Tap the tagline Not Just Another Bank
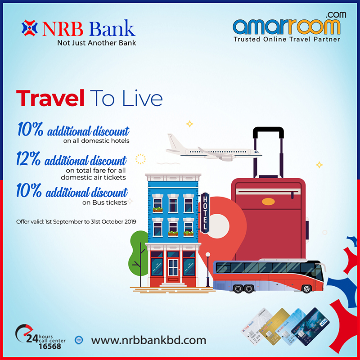(96, 43)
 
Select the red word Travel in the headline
(50, 99)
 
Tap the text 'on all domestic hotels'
(96, 141)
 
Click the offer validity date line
(76, 221)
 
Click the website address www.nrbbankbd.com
(148, 340)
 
